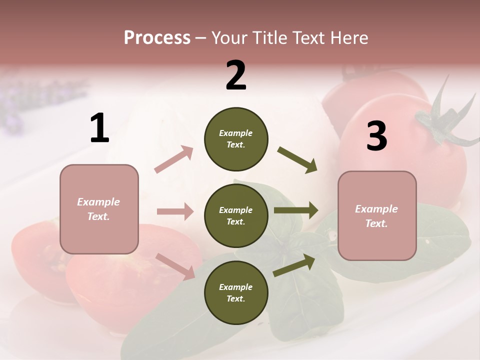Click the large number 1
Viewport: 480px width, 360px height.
point(99,128)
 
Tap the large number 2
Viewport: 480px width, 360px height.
point(236,75)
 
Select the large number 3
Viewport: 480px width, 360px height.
point(376,136)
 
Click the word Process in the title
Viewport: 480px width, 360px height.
point(157,37)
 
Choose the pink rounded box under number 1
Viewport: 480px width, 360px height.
point(99,209)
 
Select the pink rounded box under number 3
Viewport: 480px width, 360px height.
point(377,216)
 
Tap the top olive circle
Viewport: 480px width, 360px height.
point(236,139)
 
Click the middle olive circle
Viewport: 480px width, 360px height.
point(236,216)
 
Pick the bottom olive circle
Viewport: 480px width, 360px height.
point(236,293)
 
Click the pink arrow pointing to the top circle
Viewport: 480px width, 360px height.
point(174,159)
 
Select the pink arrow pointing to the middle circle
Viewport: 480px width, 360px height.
point(175,211)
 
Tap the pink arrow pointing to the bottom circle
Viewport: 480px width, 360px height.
point(175,266)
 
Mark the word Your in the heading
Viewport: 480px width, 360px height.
point(227,37)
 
